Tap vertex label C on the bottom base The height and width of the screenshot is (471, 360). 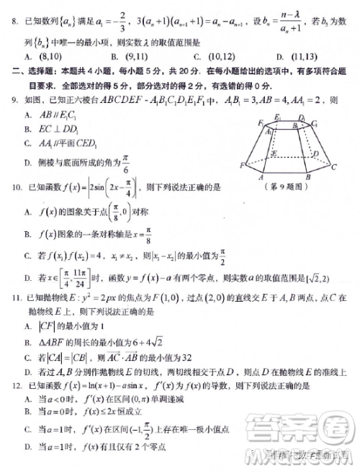(x=334, y=166)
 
